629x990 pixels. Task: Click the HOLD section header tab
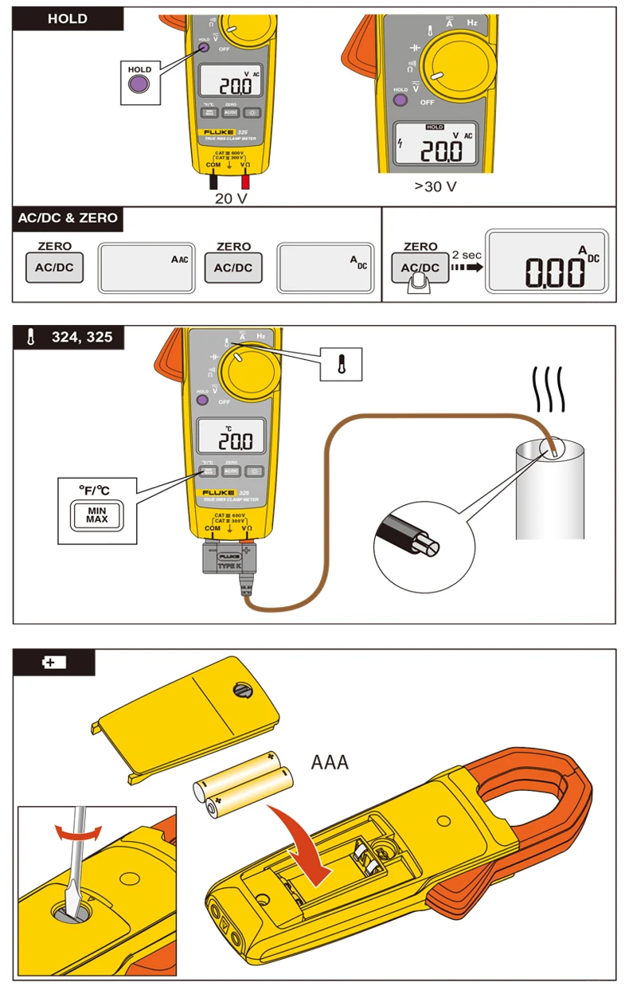point(68,19)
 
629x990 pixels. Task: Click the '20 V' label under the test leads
point(231,198)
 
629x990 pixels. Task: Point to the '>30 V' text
point(435,186)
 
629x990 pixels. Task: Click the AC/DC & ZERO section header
point(68,218)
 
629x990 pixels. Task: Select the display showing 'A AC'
point(147,267)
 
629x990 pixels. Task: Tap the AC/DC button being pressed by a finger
point(420,268)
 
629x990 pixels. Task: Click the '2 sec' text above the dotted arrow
point(467,255)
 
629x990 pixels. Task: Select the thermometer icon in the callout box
point(342,363)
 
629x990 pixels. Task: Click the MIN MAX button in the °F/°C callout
point(96,515)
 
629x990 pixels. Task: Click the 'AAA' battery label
point(330,762)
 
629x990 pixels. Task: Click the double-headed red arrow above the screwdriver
point(78,832)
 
